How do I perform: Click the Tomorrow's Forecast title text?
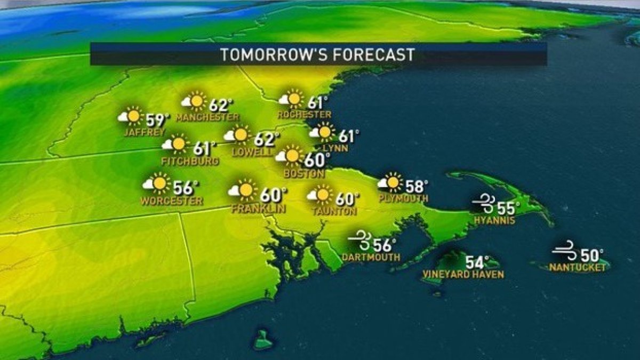point(318,54)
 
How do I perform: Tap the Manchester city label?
point(207,117)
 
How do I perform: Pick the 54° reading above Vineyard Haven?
point(477,263)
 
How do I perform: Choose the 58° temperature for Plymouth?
point(417,186)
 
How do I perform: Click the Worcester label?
point(172,201)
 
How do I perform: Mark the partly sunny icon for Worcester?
point(156,183)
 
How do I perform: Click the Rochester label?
point(304,115)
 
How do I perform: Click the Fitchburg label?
point(190,161)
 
